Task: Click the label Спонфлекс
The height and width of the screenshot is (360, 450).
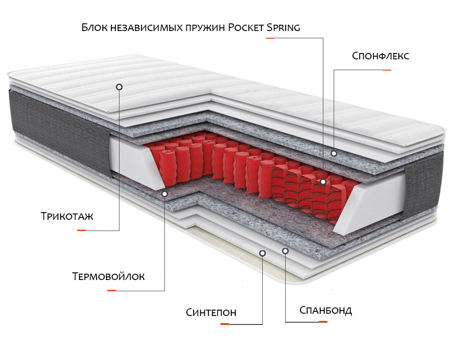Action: (380, 56)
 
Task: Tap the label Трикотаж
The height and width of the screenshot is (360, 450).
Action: (67, 216)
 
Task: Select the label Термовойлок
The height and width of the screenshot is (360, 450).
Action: (108, 276)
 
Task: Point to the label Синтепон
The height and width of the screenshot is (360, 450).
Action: (211, 312)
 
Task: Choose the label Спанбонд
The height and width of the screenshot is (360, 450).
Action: (326, 310)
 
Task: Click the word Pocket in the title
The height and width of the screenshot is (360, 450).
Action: (246, 27)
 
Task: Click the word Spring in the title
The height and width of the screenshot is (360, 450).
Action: (283, 28)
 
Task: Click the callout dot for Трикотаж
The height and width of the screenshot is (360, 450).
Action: (119, 87)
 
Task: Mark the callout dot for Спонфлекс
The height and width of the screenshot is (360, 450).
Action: (334, 154)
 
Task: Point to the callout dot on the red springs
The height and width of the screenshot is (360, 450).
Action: (323, 182)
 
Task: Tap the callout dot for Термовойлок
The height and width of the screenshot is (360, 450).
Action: (164, 194)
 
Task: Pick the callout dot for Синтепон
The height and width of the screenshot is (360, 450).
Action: (262, 253)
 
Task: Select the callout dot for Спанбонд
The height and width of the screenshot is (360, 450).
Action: (285, 251)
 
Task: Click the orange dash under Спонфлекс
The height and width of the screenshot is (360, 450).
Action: (387, 70)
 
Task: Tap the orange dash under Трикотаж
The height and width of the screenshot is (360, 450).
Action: (81, 230)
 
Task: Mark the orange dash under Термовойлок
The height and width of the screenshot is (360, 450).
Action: (111, 290)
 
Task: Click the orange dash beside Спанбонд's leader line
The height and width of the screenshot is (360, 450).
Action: (323, 322)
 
